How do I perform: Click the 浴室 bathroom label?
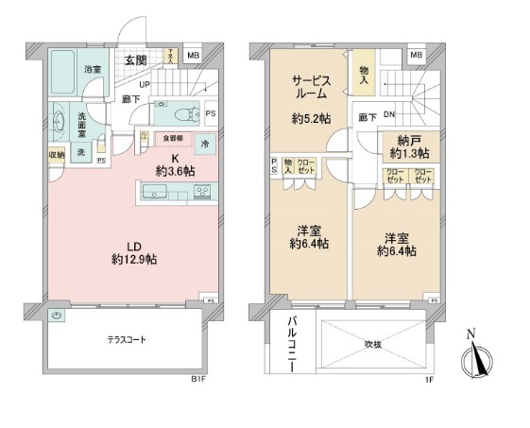[x=93, y=70]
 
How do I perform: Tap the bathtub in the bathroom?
[x=62, y=67]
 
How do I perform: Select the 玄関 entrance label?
[x=135, y=60]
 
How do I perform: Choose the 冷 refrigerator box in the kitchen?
[x=206, y=144]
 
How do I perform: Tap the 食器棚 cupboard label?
[x=170, y=137]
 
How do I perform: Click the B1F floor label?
[x=198, y=380]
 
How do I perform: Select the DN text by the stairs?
[x=387, y=116]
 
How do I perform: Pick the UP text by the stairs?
[x=146, y=83]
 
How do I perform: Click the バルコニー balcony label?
[x=292, y=346]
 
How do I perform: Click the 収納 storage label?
[x=56, y=155]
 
